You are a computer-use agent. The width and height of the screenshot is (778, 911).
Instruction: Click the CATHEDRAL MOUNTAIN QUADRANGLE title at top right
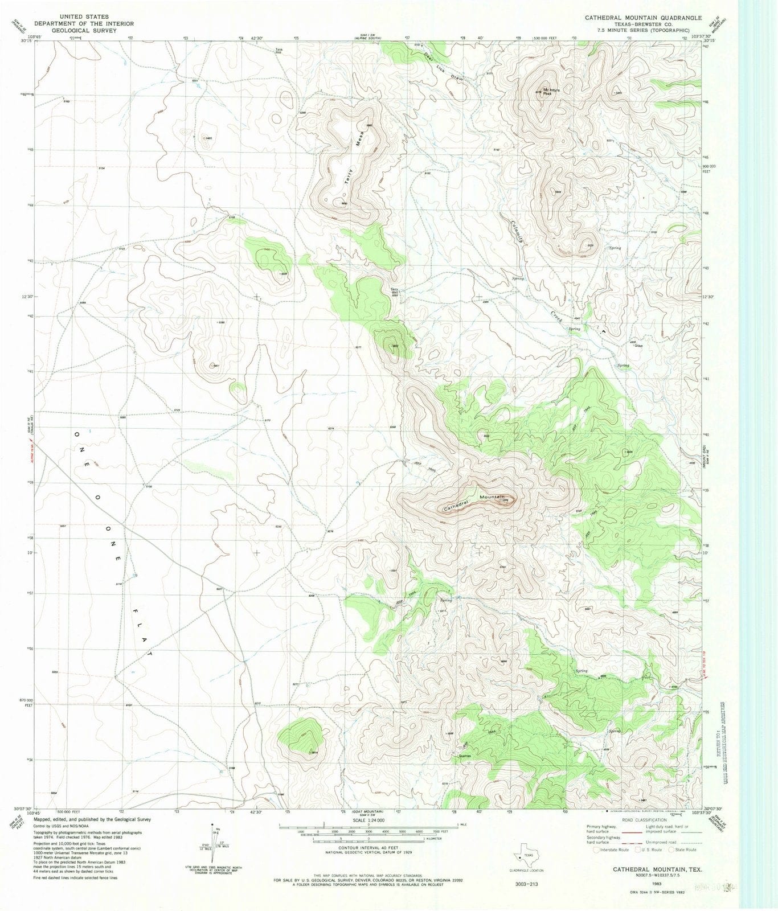(643, 18)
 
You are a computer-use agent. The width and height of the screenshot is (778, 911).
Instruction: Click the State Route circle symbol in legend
(671, 850)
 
